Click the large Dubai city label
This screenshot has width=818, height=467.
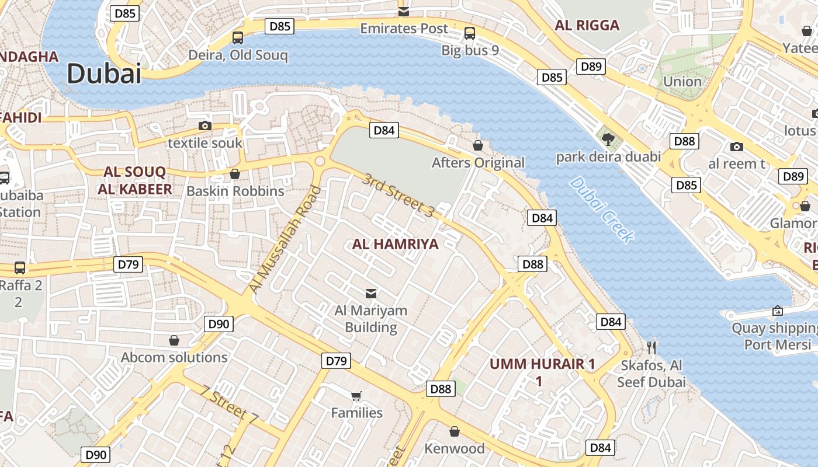point(104,74)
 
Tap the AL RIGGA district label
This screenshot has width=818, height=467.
point(587,25)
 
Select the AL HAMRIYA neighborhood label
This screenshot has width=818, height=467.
point(395,244)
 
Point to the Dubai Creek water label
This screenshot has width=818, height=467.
point(601,210)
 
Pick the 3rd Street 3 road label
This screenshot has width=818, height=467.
point(398,196)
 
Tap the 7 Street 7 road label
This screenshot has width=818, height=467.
point(228,405)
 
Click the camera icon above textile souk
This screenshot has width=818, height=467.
point(204,126)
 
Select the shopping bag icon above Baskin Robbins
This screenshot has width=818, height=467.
point(235,174)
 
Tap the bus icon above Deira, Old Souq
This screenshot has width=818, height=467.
point(238,38)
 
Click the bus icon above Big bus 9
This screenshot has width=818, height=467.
point(470,33)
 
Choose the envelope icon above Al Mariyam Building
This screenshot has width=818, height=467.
point(370,293)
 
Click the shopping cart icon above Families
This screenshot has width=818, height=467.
point(356,396)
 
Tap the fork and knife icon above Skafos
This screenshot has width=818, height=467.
point(651,348)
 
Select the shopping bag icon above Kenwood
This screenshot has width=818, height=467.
point(454,431)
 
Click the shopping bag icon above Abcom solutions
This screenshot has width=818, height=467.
point(174,340)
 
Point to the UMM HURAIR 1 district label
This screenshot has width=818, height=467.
point(542,364)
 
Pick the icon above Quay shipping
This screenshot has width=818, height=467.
point(777,311)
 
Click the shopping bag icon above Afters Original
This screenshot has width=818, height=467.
point(478,145)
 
